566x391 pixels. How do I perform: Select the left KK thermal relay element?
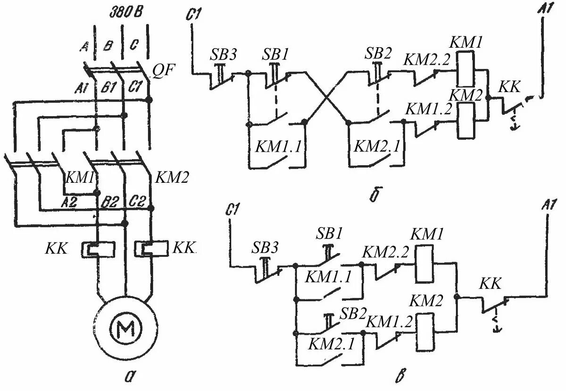pos(98,249)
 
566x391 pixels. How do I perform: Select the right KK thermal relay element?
pos(151,248)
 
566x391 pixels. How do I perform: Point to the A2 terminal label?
pos(69,202)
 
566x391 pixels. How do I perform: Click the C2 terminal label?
pos(136,202)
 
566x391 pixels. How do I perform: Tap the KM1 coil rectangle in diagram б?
pos(465,69)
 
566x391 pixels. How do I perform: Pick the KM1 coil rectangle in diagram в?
pos(424,263)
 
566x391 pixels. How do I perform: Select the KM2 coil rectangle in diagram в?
pos(425,332)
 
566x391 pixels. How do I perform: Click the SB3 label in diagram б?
pos(223,55)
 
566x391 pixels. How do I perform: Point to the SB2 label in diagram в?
pos(353,314)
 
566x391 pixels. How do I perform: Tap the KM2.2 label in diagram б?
pos(427,59)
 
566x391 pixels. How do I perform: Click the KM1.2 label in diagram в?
pos(389,322)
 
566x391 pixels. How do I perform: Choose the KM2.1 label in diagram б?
pos(376,146)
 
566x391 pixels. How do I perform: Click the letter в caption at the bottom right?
pos(400,376)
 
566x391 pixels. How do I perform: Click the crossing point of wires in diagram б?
pos(327,97)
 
